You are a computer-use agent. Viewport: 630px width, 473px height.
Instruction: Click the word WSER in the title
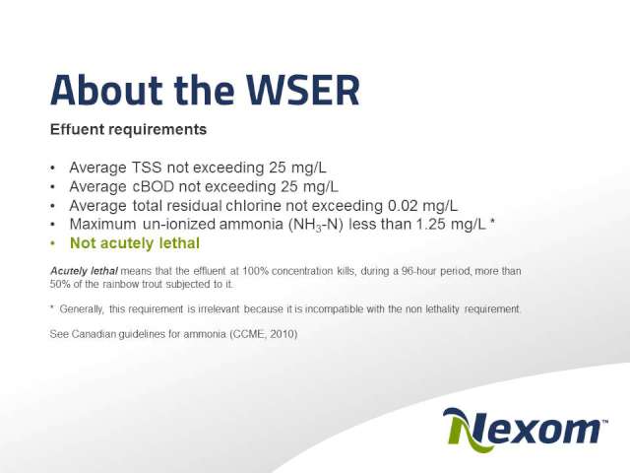(302, 90)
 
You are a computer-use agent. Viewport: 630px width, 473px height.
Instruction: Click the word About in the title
(106, 90)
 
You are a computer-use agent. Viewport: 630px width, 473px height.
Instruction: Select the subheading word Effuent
(77, 129)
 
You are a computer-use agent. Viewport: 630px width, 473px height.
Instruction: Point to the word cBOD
(154, 186)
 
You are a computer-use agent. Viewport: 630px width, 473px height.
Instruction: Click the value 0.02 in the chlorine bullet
(403, 206)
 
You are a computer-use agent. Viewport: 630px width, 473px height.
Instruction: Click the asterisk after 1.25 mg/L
(492, 221)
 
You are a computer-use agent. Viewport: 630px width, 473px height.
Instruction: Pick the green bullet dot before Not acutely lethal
(52, 243)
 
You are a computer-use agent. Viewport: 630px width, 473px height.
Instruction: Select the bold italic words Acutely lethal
(84, 271)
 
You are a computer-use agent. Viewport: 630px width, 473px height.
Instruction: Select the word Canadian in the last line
(94, 334)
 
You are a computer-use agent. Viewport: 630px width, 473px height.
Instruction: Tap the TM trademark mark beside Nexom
(604, 421)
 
